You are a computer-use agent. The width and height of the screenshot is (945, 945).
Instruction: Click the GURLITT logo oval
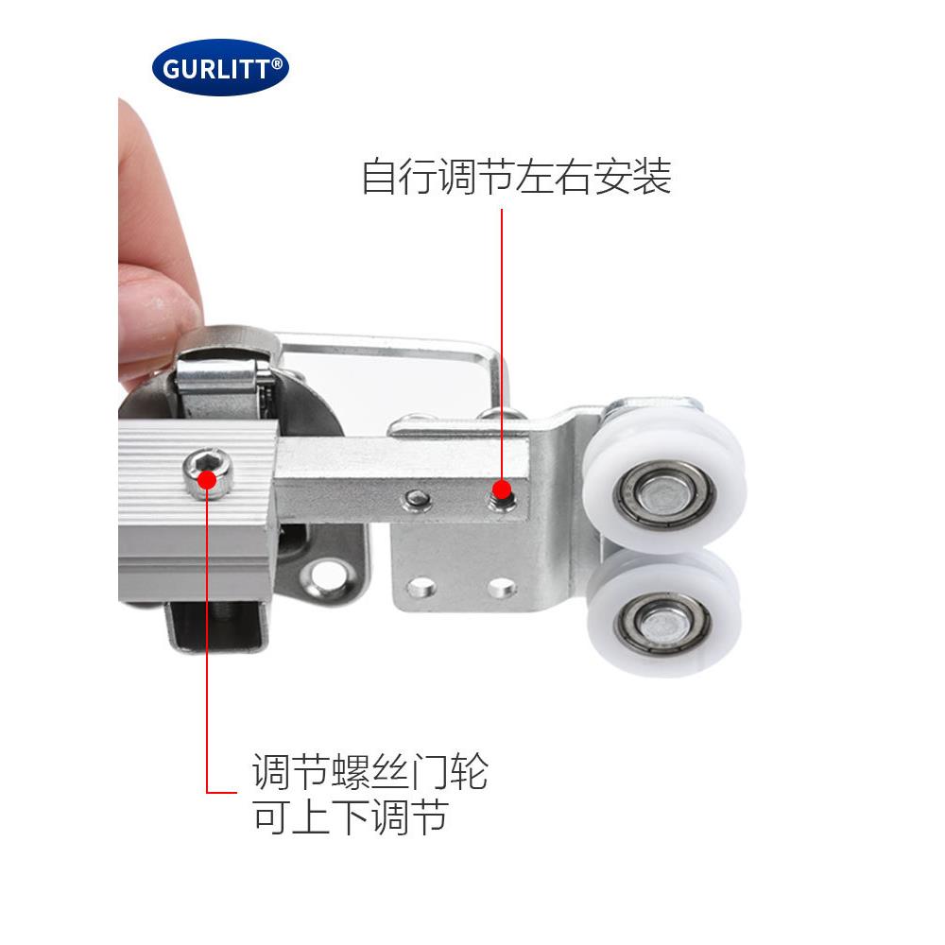pyautogui.click(x=220, y=67)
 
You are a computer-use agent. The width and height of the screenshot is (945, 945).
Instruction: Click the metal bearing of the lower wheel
pyautogui.click(x=661, y=624)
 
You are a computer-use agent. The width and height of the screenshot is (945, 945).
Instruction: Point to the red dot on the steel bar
pyautogui.click(x=504, y=490)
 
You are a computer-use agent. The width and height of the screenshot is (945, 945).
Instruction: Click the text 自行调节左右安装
pyautogui.click(x=516, y=177)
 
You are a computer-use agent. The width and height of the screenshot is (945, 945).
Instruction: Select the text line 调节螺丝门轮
pyautogui.click(x=369, y=771)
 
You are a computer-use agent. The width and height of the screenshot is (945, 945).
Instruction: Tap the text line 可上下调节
pyautogui.click(x=350, y=816)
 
